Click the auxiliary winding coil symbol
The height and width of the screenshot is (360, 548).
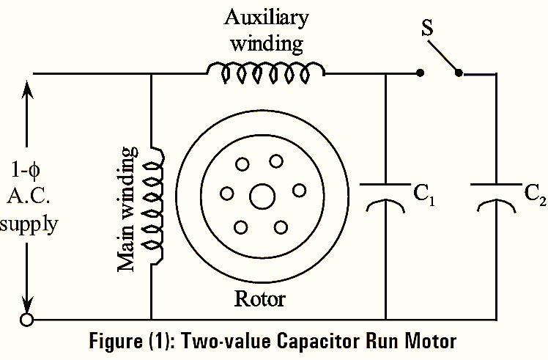coord(265,70)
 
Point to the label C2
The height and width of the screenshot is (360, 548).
coord(533,194)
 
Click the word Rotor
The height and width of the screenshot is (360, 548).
coord(259,299)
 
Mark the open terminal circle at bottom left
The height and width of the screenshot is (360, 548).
coord(28,320)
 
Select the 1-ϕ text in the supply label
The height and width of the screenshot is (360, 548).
coord(29,170)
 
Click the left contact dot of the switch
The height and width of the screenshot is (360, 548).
coord(419,73)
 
